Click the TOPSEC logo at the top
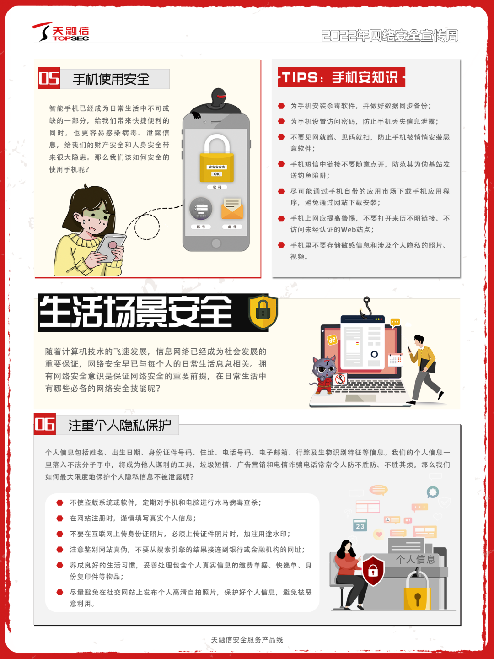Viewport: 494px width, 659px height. coord(61,32)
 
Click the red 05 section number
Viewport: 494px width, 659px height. coord(49,78)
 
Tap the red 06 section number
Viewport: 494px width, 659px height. coord(45,424)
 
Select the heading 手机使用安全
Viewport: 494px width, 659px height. coord(111,79)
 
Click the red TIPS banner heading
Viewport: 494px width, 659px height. coord(341,77)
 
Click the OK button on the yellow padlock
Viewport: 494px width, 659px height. coord(216,174)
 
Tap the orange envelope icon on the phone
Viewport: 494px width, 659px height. coord(232,208)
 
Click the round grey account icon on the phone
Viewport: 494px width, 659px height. coord(201,209)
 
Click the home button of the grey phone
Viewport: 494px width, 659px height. coord(216,243)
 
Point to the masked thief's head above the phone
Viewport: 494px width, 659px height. coord(218,97)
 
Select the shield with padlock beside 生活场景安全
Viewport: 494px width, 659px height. coord(263,312)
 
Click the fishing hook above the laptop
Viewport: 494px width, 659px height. coord(366,308)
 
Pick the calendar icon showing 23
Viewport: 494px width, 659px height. coord(360,525)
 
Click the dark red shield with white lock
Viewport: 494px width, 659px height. coord(373,570)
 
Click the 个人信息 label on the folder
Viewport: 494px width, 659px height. coord(415,559)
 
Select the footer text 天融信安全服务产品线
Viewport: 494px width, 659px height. coord(247,639)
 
